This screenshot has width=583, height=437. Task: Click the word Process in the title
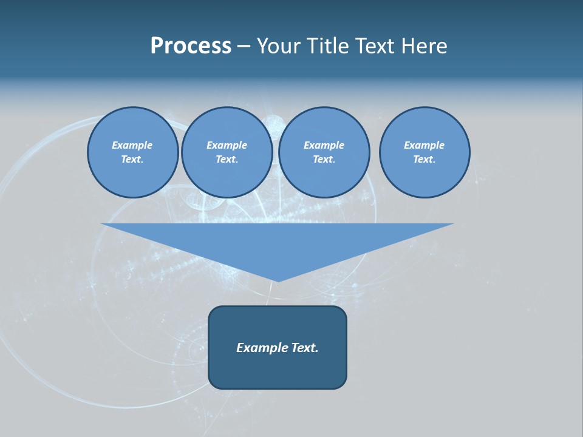point(191,46)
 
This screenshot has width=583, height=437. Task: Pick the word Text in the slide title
point(377,46)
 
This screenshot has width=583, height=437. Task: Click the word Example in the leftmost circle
point(132,145)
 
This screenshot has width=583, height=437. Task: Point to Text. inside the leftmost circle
point(132,160)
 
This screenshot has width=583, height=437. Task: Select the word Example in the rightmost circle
point(424,145)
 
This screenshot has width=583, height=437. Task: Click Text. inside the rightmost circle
point(424,160)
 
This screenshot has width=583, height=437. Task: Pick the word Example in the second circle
point(227,145)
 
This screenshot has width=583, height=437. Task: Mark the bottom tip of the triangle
point(278,280)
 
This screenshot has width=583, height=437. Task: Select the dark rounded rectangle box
point(278,370)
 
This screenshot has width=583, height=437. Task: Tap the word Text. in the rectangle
point(305,348)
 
